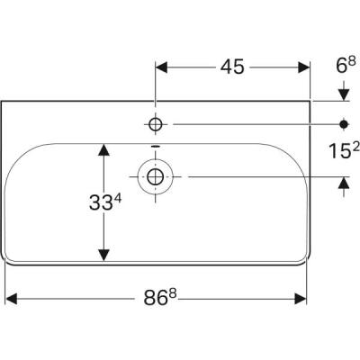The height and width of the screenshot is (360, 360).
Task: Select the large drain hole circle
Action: click(156, 176)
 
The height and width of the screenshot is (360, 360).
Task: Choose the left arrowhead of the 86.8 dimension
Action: click(12, 296)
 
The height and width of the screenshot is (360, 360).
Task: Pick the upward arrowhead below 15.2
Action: click(344, 183)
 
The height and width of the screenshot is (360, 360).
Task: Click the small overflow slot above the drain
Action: click(156, 148)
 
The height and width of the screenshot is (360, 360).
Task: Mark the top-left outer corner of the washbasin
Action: click(4, 101)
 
